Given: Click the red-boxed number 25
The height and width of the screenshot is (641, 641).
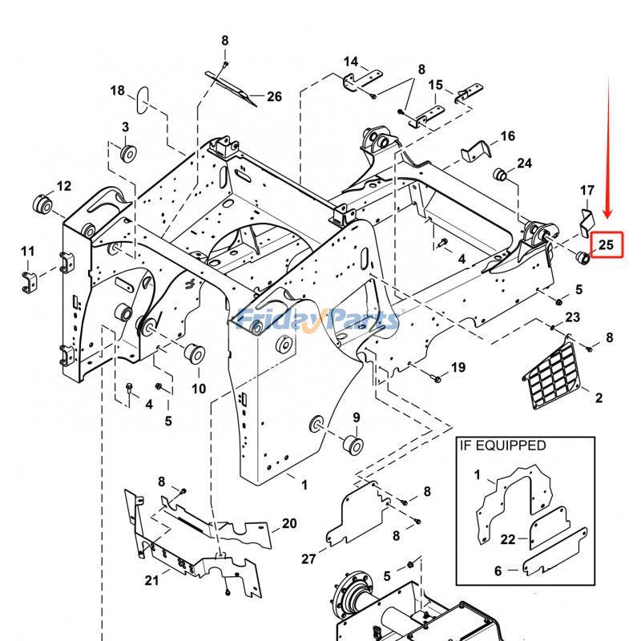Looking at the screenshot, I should click(x=606, y=244).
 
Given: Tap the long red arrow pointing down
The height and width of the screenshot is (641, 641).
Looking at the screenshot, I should click(x=608, y=152).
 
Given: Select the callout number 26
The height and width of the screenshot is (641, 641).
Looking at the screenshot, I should click(x=274, y=97).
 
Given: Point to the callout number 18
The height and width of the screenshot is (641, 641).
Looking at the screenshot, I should click(x=118, y=91).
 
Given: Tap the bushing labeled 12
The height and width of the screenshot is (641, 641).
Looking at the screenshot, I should click(x=42, y=204).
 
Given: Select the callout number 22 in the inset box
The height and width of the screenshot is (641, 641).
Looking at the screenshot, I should click(x=508, y=539).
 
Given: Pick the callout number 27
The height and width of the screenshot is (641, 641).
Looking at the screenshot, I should click(x=309, y=558).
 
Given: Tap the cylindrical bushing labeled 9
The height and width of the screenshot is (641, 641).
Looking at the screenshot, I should click(x=352, y=444).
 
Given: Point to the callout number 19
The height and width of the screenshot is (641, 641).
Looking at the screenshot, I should click(x=458, y=368).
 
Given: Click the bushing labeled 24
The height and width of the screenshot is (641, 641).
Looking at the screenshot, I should click(x=500, y=174).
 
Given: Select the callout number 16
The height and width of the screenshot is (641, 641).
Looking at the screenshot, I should click(x=507, y=136).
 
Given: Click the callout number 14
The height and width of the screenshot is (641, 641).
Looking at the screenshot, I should click(x=351, y=62).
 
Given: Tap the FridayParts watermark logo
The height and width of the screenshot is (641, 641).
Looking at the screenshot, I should click(x=320, y=319).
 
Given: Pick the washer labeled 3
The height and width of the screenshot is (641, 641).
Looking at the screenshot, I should click(x=126, y=151).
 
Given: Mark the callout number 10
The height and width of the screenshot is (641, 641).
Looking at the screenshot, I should click(x=198, y=389).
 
